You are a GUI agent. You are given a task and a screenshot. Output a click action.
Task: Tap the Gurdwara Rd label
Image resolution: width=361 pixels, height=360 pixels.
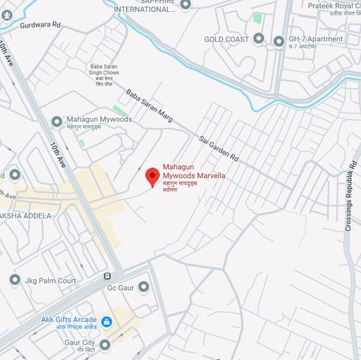(40, 25)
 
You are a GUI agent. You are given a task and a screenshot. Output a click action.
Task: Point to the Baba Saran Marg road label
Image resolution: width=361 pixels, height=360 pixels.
(149, 106)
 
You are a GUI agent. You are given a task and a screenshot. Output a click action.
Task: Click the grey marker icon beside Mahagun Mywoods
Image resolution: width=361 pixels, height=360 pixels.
(57, 121)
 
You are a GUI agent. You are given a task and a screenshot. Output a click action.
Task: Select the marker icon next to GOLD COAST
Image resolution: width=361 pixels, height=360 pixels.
(258, 39)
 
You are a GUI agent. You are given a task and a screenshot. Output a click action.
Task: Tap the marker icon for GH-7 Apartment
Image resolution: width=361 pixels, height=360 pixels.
(279, 42)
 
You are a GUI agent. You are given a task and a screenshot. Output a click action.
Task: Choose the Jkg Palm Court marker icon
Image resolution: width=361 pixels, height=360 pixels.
(15, 280)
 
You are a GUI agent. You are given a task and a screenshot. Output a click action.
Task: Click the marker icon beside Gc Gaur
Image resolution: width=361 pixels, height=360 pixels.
(143, 287)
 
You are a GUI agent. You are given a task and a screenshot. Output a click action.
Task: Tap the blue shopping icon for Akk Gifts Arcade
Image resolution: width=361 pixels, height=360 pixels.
(106, 322)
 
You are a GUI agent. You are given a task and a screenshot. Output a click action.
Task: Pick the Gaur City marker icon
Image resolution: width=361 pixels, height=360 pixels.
(105, 344)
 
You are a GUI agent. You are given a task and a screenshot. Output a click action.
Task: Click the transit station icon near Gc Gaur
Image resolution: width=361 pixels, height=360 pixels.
(107, 276)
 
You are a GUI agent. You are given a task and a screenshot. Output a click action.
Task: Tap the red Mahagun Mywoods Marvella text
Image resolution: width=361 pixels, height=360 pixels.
(194, 172)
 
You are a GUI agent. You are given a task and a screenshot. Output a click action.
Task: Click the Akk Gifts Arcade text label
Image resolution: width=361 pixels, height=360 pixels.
(69, 320)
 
